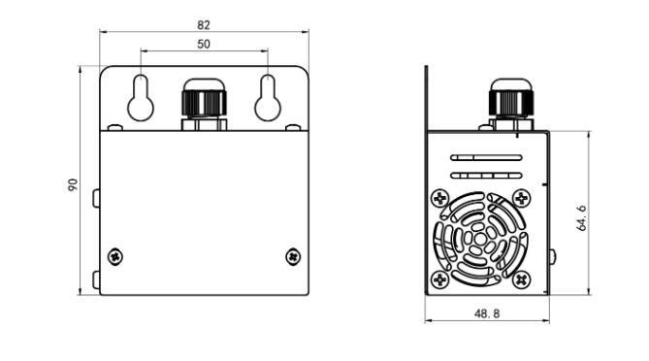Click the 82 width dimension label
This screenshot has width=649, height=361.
(x=203, y=25)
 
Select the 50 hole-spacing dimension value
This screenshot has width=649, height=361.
(x=203, y=45)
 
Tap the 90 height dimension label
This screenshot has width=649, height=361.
(x=73, y=184)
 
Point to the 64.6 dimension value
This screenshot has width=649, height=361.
(x=581, y=217)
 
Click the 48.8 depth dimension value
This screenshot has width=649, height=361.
(x=487, y=313)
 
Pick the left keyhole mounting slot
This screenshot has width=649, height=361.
(x=141, y=98)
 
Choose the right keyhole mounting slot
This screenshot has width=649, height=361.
(x=268, y=98)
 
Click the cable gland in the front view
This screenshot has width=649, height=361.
(x=204, y=105)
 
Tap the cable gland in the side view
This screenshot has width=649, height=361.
(x=511, y=105)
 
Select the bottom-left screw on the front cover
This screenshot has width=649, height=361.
(x=115, y=256)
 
